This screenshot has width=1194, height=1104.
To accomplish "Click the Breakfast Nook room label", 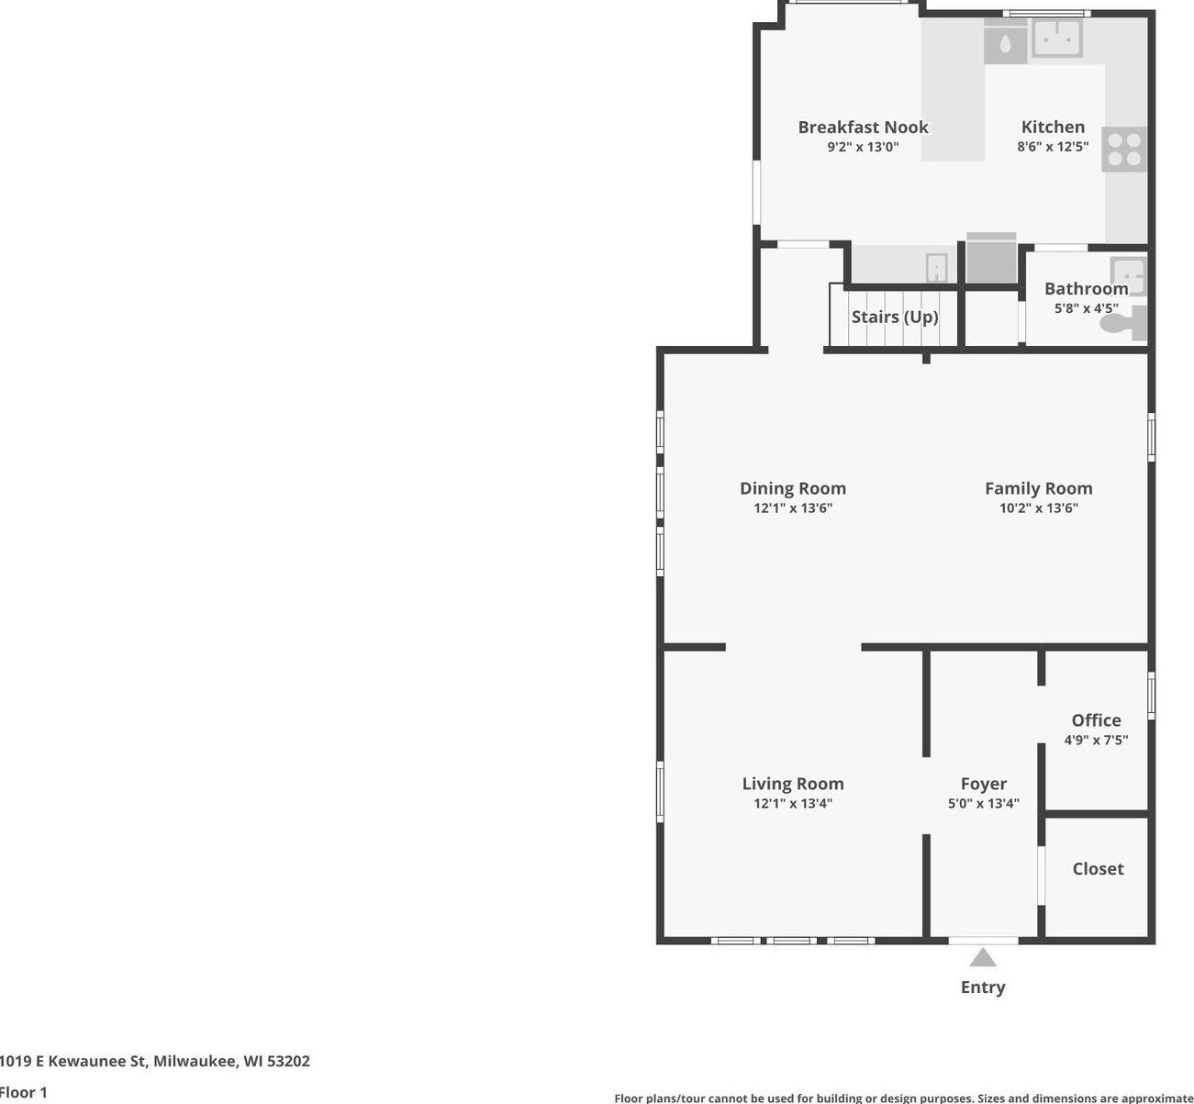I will pos(863,128).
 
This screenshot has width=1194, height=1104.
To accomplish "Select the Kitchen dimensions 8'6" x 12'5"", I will pos(1053,147).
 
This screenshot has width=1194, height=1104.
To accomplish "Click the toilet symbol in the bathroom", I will pos(1124,323).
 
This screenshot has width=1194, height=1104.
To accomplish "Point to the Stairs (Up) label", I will pos(895,317).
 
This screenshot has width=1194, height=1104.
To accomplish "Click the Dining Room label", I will pos(793,488).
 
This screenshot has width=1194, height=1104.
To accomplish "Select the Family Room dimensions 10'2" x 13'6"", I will pos(1038,508).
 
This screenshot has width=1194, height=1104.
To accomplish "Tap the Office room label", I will pos(1096,720).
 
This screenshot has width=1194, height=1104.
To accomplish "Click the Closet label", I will pos(1098,868).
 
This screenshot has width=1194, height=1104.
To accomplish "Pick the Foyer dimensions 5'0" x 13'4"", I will pos(983,804).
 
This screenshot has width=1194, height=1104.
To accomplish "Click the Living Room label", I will pos(793,784).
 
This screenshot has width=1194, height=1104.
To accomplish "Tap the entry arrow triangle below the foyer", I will pos(983,959).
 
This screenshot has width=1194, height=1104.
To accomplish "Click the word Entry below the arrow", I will pos(983,987).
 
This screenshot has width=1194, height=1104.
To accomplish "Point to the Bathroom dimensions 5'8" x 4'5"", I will pos(1086,308).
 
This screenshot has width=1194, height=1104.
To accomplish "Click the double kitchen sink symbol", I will pos(1057,38).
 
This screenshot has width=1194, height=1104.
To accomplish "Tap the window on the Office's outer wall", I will pos(1152,695).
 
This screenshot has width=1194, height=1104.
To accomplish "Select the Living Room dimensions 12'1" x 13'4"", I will pos(793,804).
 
